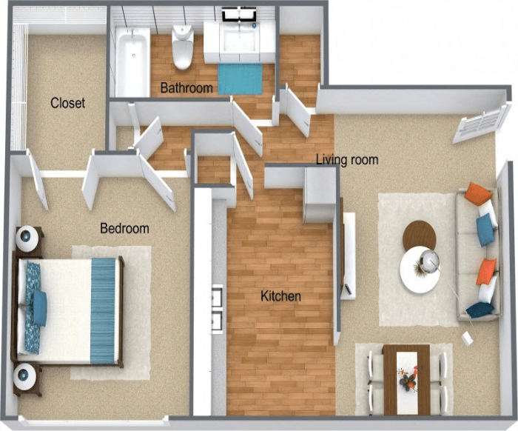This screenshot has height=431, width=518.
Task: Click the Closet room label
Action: [x=67, y=103]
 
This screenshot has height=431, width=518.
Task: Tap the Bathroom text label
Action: [x=187, y=88]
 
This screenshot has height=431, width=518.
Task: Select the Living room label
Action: [x=347, y=159]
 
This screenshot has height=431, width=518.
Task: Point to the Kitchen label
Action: [x=280, y=296]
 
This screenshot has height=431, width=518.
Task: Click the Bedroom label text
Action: [x=124, y=228]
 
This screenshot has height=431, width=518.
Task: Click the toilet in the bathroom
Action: [x=182, y=46]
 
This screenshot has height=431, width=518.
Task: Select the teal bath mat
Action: [x=240, y=78]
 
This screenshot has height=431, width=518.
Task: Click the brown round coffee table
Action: [x=420, y=235]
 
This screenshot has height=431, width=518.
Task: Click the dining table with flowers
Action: [x=406, y=378]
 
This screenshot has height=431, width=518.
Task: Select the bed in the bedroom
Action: [x=70, y=309]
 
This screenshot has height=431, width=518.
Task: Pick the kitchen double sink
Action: [x=217, y=308]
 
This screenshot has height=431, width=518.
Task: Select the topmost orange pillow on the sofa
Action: [x=478, y=194]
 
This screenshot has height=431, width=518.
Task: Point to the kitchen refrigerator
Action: [x=320, y=195]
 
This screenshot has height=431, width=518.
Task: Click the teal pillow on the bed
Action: [x=38, y=307]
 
